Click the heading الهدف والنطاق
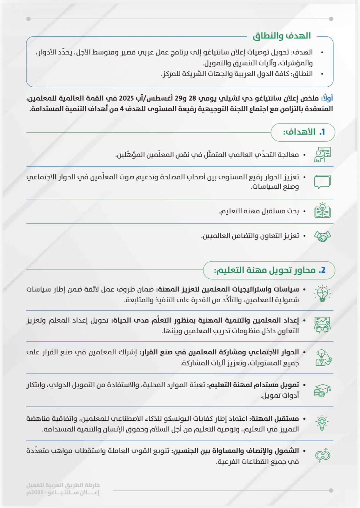[282, 36]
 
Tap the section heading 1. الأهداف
[304, 132]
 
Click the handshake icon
[322, 236]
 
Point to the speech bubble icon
[322, 182]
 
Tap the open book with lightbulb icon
[322, 211]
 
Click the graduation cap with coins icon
[322, 390]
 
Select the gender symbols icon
[323, 456]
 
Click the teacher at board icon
[322, 155]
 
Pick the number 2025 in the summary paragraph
[126, 98]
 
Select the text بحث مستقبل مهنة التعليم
[259, 211]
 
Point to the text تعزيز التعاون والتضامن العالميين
[250, 236]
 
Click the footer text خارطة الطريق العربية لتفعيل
[63, 485]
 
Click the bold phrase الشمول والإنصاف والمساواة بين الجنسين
[235, 451]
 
